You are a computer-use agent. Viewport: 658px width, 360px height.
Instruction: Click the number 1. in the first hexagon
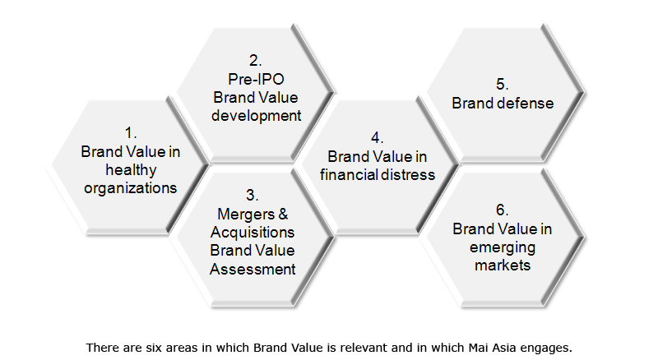pos(131,133)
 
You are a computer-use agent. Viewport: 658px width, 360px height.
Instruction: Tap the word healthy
pos(131,170)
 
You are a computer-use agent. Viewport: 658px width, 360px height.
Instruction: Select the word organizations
pos(131,188)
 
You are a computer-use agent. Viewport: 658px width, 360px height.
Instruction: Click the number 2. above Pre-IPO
pos(255,61)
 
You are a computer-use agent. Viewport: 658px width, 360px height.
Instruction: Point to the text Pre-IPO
pos(256,79)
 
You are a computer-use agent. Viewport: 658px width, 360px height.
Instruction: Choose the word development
pos(256,116)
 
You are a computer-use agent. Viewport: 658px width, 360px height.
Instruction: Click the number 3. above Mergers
pos(252,195)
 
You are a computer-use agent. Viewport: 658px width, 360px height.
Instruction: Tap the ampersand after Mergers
pos(283,214)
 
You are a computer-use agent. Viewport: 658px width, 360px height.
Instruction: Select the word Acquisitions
pos(253,233)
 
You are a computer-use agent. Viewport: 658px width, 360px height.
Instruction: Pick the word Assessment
pos(253,269)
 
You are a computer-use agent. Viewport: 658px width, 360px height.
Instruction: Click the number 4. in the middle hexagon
pos(377,137)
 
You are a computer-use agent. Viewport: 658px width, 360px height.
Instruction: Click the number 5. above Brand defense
pos(503,84)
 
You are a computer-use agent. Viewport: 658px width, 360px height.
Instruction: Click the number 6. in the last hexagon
pos(502,210)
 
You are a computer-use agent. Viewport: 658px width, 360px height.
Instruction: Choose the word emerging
pos(503,247)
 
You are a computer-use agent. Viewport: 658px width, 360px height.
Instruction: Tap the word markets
pos(503,265)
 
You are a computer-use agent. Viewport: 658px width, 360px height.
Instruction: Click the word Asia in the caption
pos(503,348)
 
